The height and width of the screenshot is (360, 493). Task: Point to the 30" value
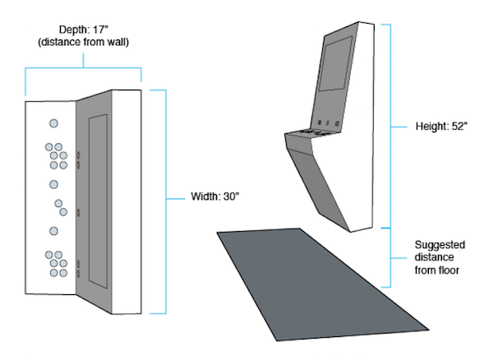(229, 197)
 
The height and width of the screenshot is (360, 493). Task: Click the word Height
(431, 128)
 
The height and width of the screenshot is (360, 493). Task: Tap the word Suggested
(440, 245)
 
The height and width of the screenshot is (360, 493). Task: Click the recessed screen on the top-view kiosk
(98, 201)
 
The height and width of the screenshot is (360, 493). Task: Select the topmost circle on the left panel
(53, 123)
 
